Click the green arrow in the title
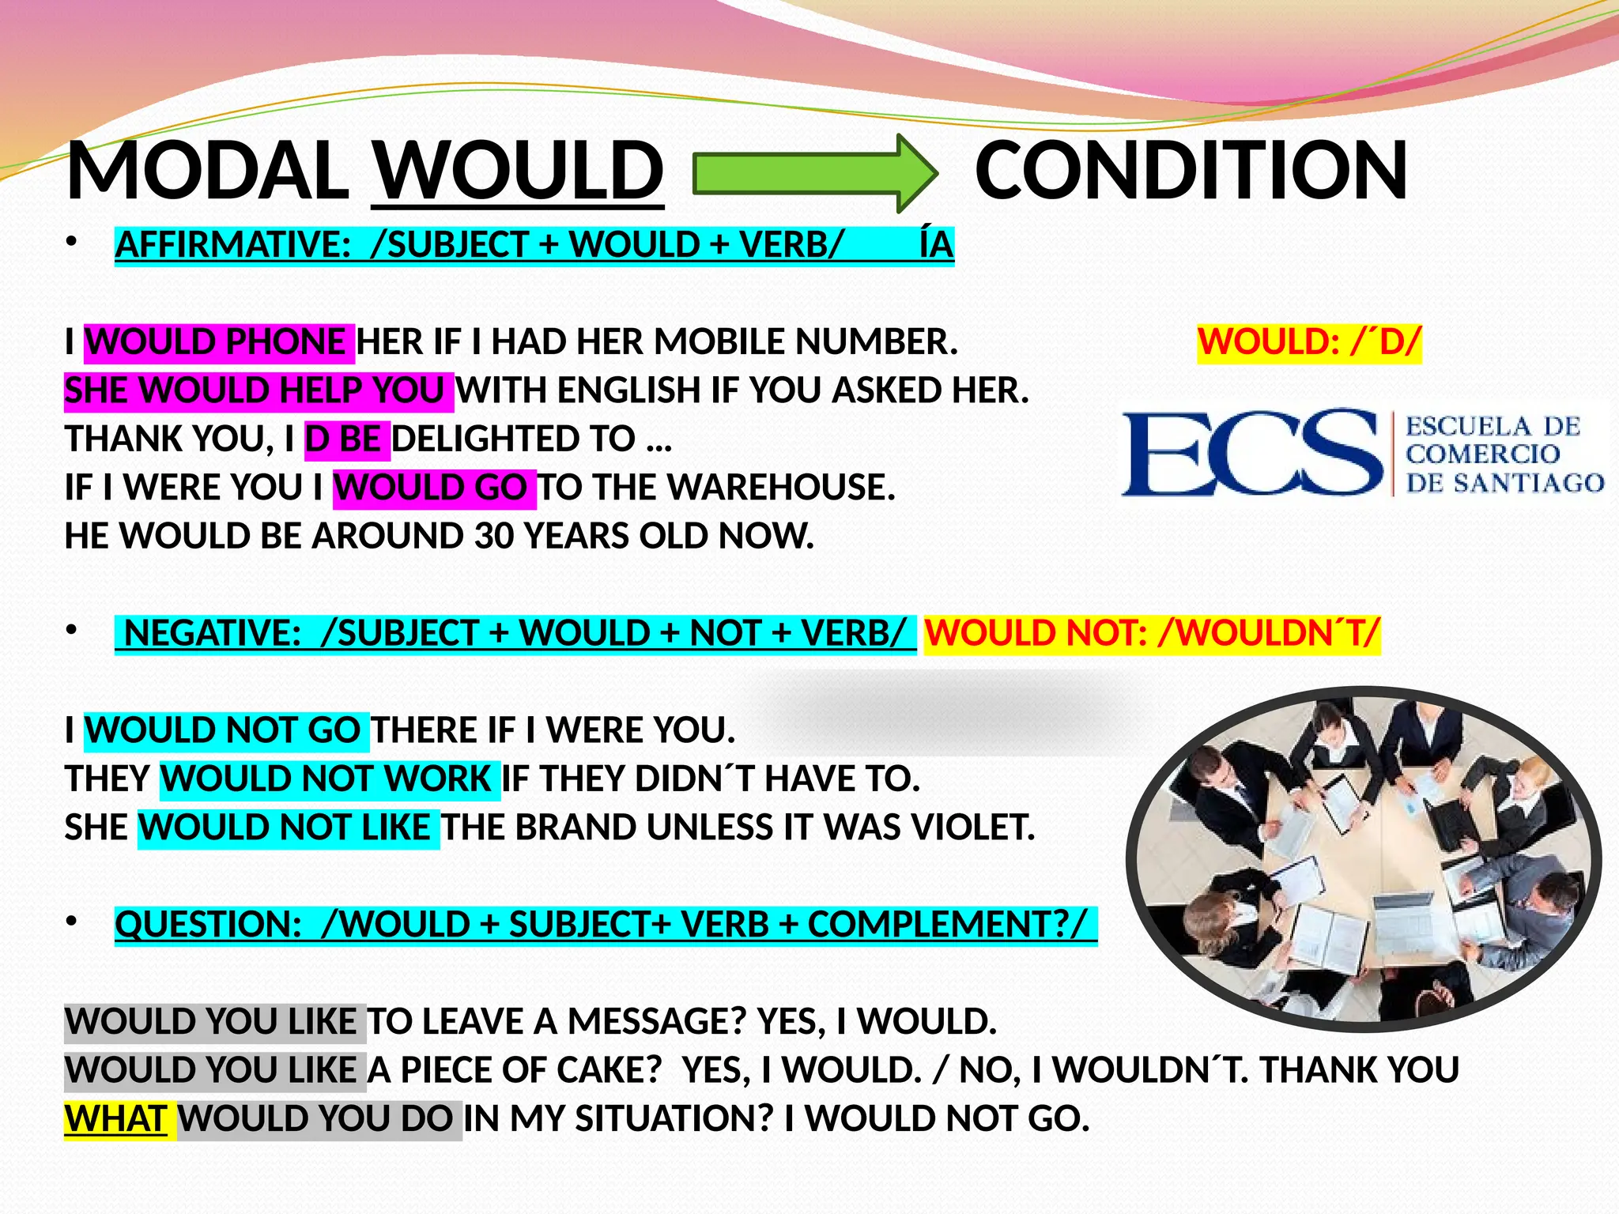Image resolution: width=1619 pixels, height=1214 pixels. coord(814,173)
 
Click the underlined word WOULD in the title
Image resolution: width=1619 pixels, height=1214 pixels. coord(518,171)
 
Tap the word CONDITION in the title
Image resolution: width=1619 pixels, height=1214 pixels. coord(1191,171)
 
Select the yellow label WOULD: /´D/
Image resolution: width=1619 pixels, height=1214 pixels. coord(1309,342)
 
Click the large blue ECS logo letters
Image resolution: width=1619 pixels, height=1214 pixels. coord(1252,453)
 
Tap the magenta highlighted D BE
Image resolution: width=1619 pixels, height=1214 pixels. coord(345,439)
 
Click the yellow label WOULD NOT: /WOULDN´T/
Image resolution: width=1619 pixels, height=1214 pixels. coord(1152,633)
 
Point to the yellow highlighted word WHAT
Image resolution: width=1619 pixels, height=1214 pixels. coord(116,1119)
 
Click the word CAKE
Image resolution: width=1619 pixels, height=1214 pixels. coord(608,1070)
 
